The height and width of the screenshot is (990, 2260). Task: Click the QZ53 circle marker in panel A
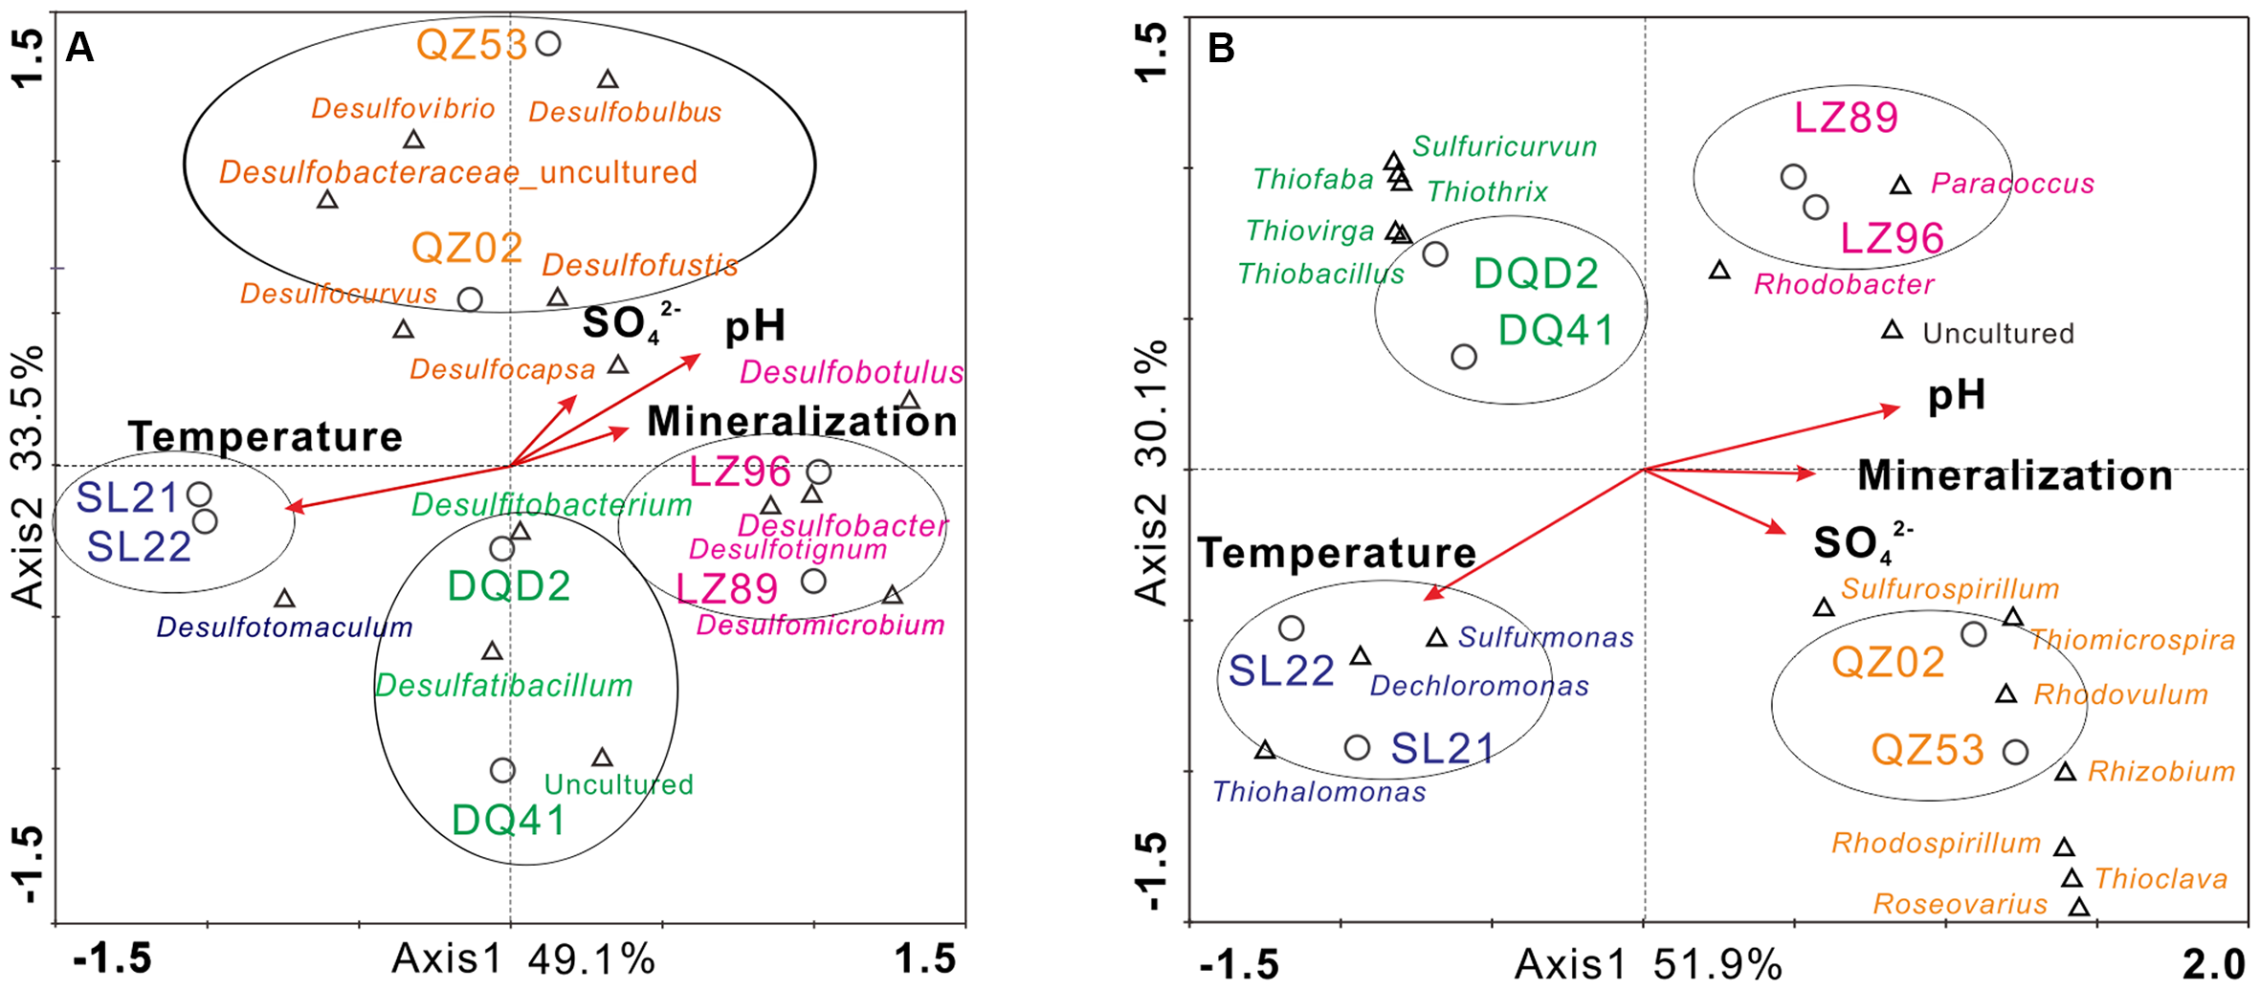548,43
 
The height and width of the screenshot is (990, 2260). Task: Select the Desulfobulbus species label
625,112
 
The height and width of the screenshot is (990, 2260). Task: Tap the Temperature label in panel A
265,436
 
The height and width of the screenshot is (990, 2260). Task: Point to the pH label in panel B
1957,394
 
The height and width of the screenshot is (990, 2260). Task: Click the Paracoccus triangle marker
1900,186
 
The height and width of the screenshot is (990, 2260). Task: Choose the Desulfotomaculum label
284,627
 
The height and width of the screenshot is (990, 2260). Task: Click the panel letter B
1221,48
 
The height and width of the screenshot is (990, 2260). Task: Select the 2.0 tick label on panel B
2213,963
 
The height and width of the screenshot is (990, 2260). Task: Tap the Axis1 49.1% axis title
523,959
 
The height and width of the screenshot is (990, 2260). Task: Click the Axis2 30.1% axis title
1152,472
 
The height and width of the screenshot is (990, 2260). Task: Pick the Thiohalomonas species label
1318,792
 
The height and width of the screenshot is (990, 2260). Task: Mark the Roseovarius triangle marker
2078,907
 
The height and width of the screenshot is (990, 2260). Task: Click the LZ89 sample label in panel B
1846,118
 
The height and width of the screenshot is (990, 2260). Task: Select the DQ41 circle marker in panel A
502,770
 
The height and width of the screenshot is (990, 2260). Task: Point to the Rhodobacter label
1843,284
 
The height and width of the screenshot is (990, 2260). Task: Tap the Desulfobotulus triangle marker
910,401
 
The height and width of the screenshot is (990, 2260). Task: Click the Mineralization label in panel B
2015,475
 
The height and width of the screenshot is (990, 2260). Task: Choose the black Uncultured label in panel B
1998,334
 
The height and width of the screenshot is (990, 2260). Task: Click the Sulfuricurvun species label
1504,146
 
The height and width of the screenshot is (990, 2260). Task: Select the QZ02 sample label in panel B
1888,663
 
